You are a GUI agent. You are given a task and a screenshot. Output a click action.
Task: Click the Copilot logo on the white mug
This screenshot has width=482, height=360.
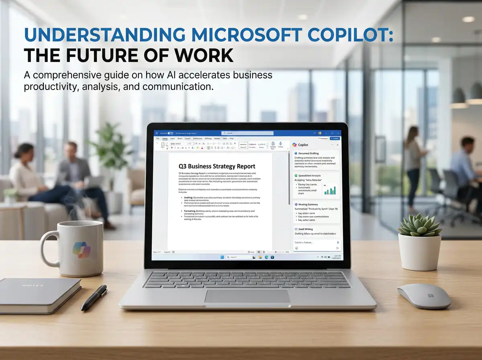click(82, 250)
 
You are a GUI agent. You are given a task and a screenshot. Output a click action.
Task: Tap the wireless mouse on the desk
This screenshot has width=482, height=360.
click(424, 296)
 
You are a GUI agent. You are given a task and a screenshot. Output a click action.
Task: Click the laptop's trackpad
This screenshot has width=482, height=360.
click(247, 296)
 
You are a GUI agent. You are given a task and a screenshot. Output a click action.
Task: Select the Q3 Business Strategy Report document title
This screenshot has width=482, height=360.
click(217, 166)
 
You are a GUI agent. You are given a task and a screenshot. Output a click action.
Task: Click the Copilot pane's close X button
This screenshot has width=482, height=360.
click(337, 145)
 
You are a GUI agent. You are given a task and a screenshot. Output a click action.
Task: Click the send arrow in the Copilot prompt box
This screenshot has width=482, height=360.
click(337, 248)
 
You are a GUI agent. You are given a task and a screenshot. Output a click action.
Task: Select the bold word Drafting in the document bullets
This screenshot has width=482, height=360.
click(188, 198)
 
